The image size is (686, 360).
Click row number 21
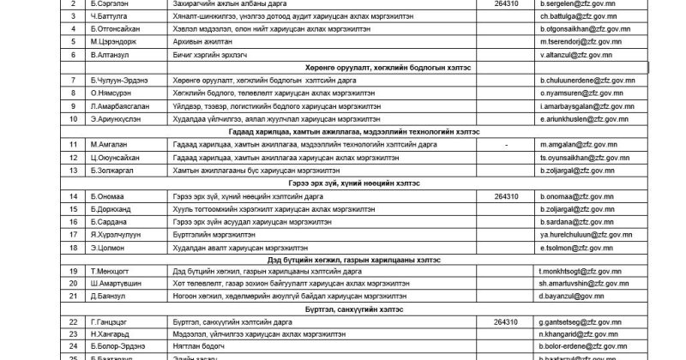51,296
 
